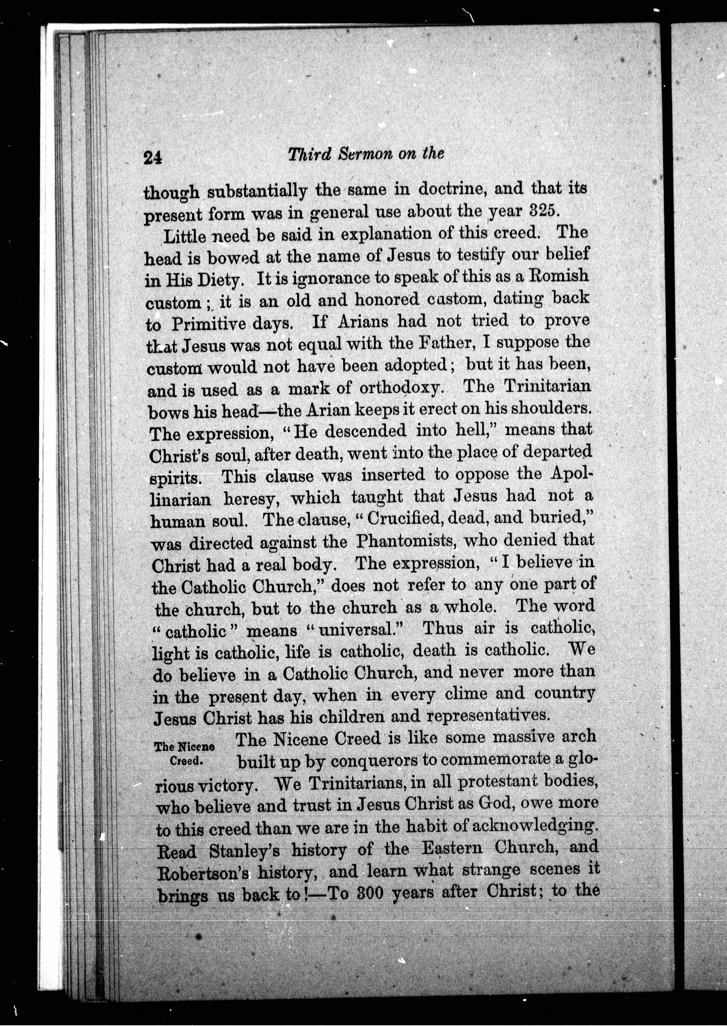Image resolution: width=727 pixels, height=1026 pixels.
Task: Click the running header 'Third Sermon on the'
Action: coord(366,154)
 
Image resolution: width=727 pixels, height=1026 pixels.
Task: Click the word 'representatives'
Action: coord(488,715)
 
